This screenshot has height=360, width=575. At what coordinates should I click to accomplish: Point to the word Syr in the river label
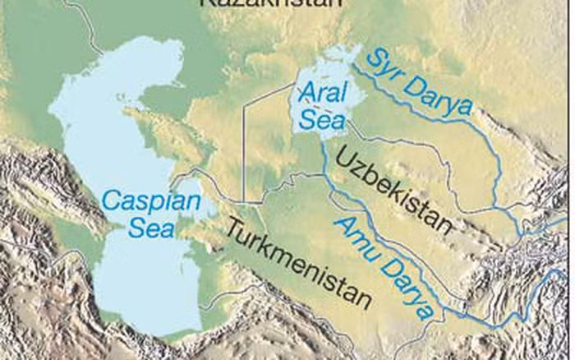(x=383, y=66)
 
